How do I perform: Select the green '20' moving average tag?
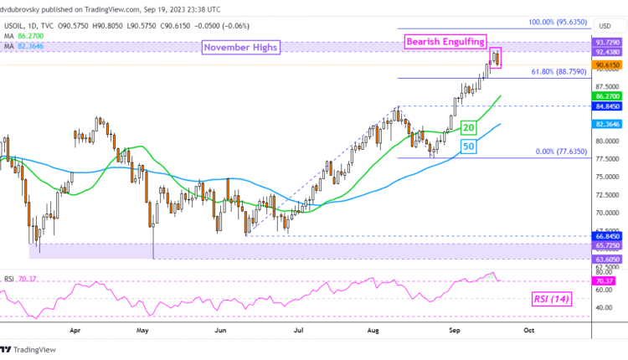tap(468, 127)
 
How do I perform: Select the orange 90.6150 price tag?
tap(607, 64)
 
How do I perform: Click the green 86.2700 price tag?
tap(607, 96)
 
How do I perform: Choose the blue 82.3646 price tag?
tap(607, 124)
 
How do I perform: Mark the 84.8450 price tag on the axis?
tap(607, 106)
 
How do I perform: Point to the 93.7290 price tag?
tap(607, 41)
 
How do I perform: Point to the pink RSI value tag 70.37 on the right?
tap(605, 282)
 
